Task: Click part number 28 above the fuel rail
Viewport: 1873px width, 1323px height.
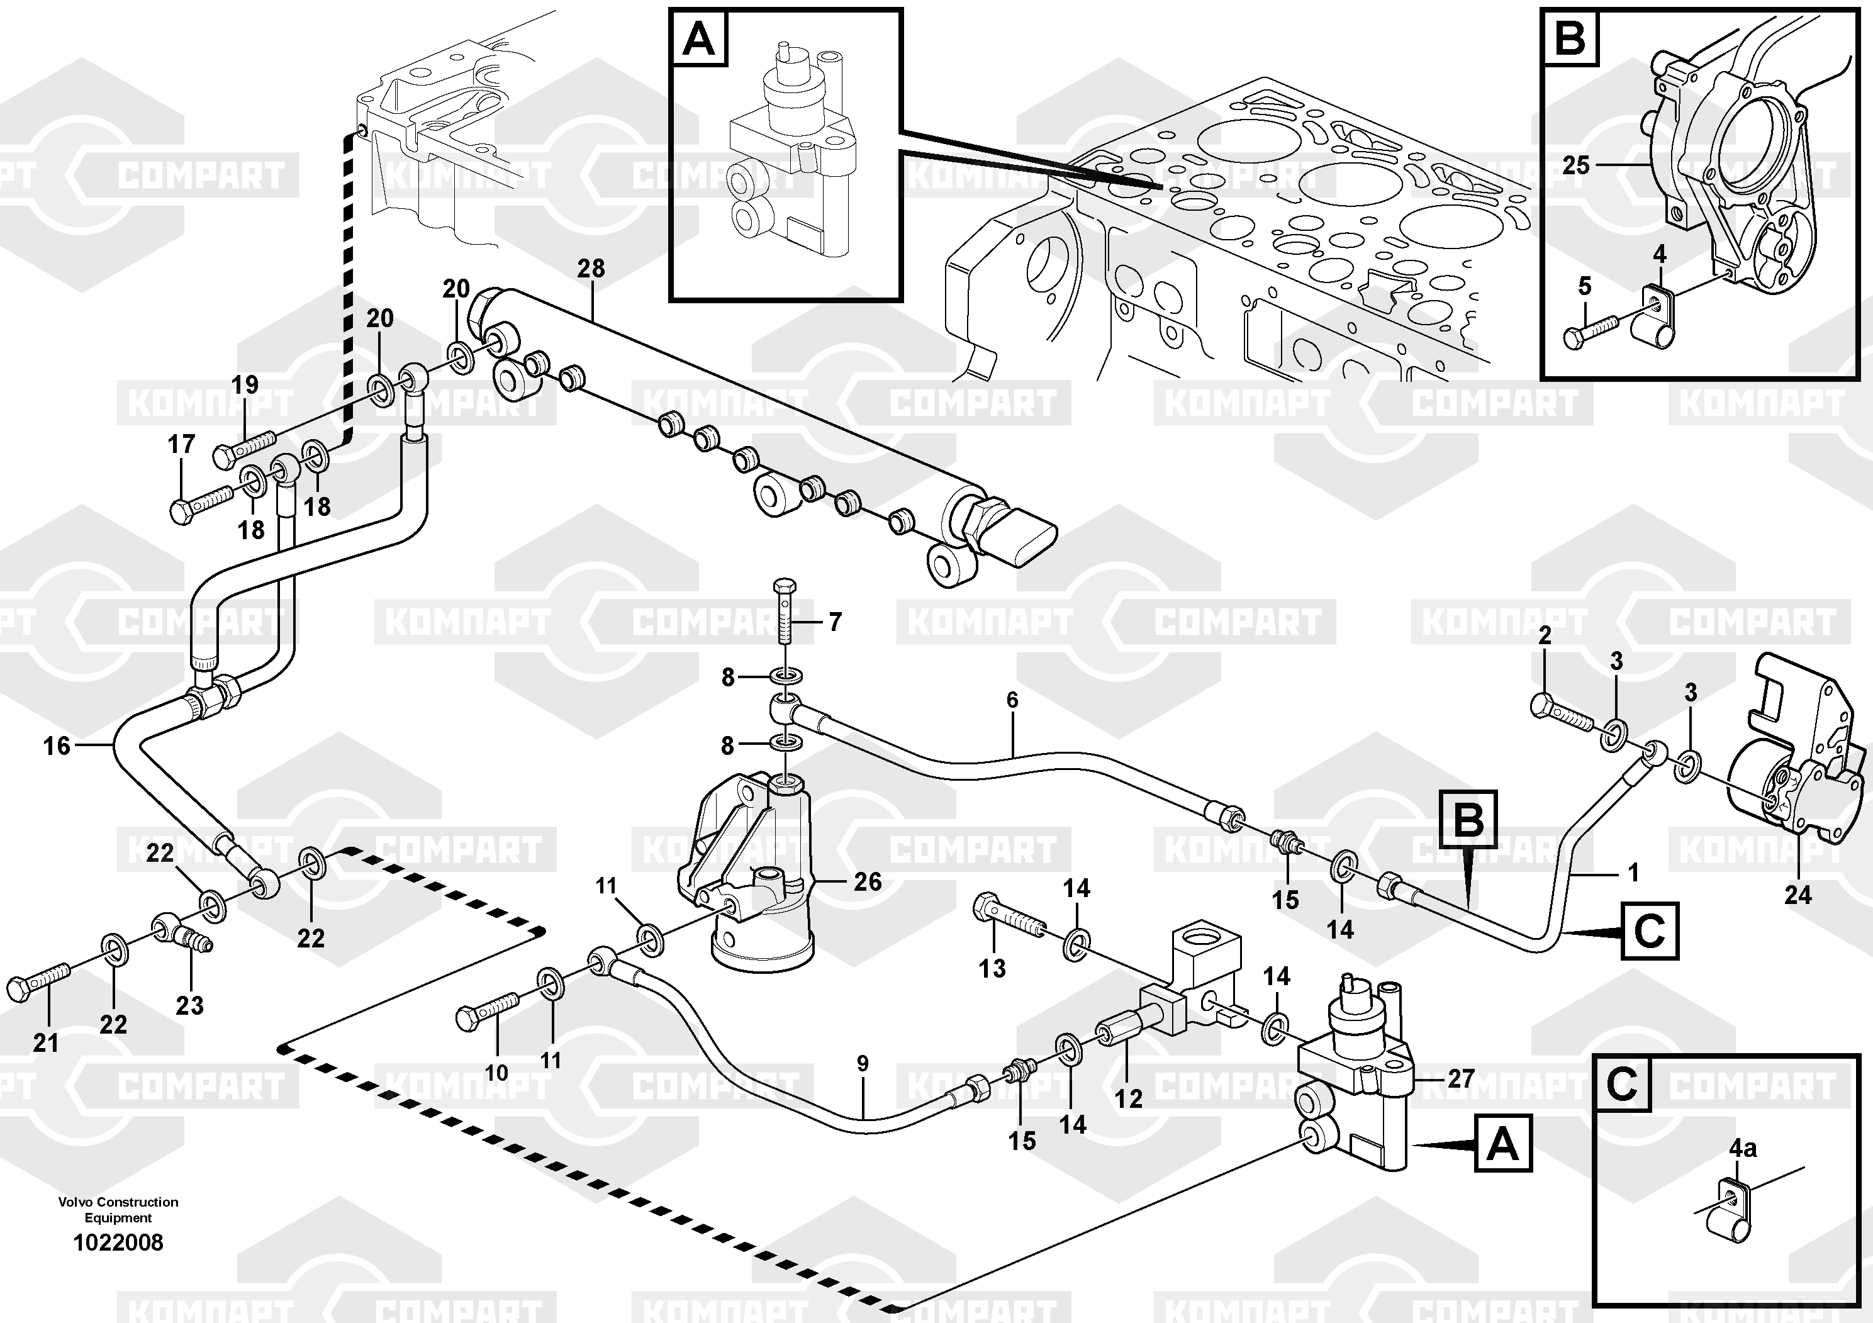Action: [591, 269]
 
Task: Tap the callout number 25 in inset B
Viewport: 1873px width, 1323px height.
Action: [1575, 165]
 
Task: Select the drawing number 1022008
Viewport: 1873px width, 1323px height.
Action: [118, 1242]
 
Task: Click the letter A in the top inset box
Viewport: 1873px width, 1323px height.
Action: [698, 39]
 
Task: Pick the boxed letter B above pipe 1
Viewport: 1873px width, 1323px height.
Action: [1469, 819]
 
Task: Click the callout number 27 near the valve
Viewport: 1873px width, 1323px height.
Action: [1460, 1079]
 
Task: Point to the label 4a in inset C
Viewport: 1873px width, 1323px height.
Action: [1743, 1149]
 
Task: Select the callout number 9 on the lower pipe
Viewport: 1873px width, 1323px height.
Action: [863, 1064]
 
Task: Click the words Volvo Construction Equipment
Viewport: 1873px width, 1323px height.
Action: [118, 1210]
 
